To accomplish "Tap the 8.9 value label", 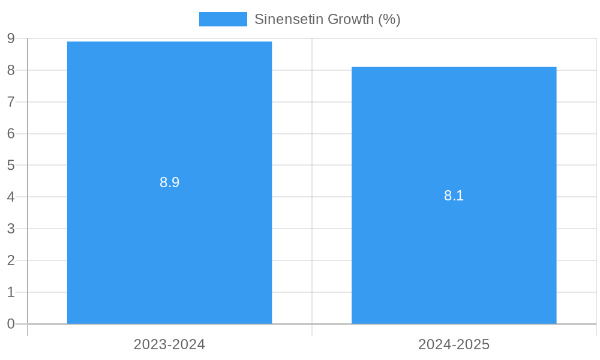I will tap(169, 183).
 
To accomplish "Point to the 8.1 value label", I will tap(454, 196).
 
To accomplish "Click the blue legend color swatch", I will tap(223, 19).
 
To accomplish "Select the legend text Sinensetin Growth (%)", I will tap(327, 19).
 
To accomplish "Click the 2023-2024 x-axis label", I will tap(169, 344).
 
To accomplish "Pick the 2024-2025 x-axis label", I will tap(454, 344).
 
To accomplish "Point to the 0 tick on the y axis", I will tap(11, 324).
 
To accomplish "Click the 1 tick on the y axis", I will tap(11, 292).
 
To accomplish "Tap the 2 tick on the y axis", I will tap(11, 260).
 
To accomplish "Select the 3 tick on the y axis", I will tap(11, 229).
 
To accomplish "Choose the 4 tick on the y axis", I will tap(11, 197).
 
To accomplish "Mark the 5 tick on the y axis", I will tap(11, 165).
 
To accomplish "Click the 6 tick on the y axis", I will tap(11, 133).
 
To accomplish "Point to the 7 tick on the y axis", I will tap(11, 102).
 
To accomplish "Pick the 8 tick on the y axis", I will tap(11, 70).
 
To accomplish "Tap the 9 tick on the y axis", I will tap(11, 38).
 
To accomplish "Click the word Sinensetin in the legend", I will tap(283, 19).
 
